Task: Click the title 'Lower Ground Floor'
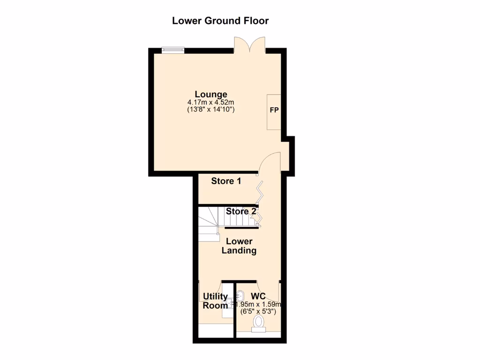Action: click(220, 21)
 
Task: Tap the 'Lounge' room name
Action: click(211, 94)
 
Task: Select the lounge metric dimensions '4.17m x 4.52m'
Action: click(211, 102)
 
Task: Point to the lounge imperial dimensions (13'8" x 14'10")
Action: click(211, 110)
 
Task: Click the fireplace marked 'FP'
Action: click(274, 112)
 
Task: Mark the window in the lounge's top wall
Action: click(172, 49)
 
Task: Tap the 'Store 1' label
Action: click(226, 181)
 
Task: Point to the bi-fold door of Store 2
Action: click(258, 217)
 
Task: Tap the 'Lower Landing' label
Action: click(239, 246)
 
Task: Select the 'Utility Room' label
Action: click(215, 301)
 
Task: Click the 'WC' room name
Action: click(258, 296)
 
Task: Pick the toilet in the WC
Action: click(258, 323)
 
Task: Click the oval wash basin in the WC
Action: click(240, 295)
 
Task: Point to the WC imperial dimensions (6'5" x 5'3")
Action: click(258, 311)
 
